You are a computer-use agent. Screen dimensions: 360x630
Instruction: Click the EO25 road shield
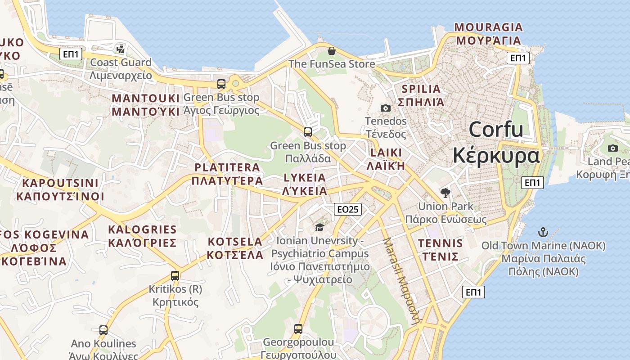click(348, 209)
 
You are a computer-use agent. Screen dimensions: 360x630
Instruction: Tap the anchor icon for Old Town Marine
click(543, 233)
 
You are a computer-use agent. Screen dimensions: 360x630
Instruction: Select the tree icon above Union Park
click(445, 193)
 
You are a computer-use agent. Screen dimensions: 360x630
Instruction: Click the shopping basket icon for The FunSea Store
click(332, 51)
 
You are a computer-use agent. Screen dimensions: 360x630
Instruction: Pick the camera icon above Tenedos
click(386, 108)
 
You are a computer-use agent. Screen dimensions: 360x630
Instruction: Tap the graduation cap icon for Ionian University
click(319, 227)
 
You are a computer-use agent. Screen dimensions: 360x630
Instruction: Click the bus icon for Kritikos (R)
click(175, 275)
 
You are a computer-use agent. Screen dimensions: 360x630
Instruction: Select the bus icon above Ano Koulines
click(103, 330)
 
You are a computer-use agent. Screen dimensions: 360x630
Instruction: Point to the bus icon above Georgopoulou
click(298, 329)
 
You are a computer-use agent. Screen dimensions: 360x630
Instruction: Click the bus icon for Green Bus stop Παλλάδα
click(308, 132)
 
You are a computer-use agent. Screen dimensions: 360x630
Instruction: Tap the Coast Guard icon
click(120, 49)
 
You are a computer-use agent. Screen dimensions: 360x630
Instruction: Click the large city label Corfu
click(496, 130)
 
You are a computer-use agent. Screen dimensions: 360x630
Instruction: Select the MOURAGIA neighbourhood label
click(488, 27)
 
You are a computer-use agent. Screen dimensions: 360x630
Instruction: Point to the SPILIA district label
click(421, 89)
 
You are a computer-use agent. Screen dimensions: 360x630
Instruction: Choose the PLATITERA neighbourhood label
click(227, 167)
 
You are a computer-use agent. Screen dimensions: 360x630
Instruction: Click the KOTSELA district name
click(235, 242)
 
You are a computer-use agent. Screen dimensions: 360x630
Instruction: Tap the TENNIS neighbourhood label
click(440, 244)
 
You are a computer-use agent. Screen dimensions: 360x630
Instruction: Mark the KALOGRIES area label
click(142, 229)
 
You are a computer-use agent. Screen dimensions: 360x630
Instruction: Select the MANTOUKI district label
click(145, 99)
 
